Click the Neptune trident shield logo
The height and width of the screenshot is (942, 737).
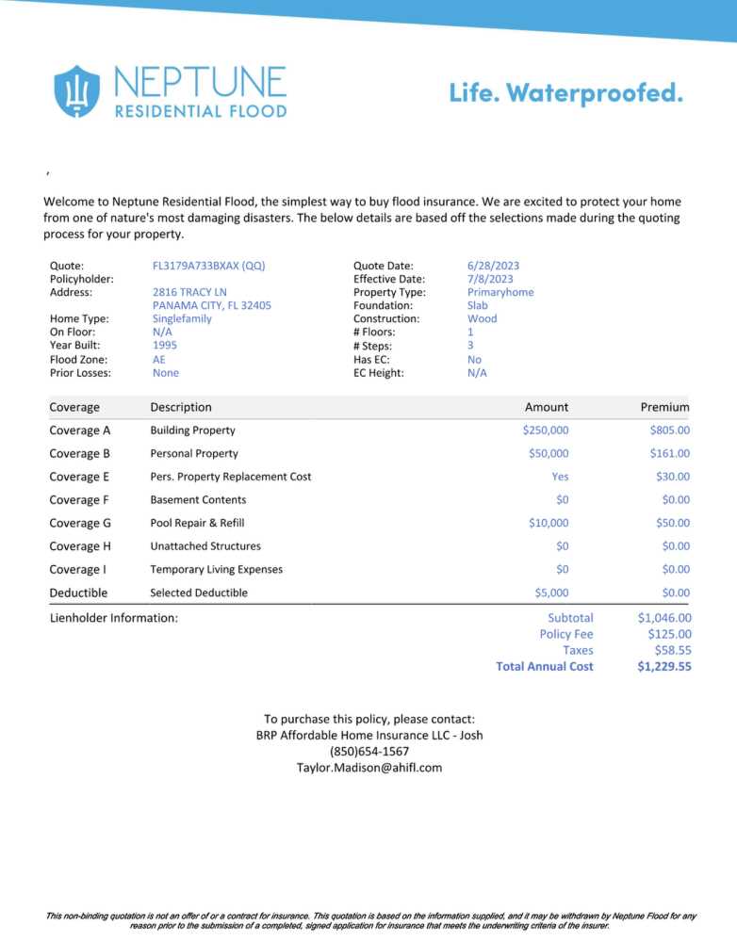pyautogui.click(x=77, y=90)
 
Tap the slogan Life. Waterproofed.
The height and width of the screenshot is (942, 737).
pyautogui.click(x=565, y=92)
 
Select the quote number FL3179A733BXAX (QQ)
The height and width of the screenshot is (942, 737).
pyautogui.click(x=208, y=266)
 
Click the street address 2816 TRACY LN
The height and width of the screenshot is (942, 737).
pyautogui.click(x=189, y=292)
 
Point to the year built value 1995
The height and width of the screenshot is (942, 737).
pyautogui.click(x=164, y=345)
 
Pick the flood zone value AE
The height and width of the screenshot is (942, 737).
pyautogui.click(x=159, y=359)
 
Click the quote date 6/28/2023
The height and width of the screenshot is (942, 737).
pyautogui.click(x=493, y=266)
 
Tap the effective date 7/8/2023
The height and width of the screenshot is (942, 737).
pyautogui.click(x=490, y=279)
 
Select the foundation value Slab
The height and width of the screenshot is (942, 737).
pyautogui.click(x=478, y=305)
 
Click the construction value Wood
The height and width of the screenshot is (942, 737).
pyautogui.click(x=482, y=318)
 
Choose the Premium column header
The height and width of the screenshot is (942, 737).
pyautogui.click(x=664, y=407)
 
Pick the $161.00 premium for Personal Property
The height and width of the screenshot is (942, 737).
pyautogui.click(x=669, y=453)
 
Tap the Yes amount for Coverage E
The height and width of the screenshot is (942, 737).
pyautogui.click(x=560, y=477)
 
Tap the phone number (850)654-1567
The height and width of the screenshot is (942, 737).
pyautogui.click(x=369, y=751)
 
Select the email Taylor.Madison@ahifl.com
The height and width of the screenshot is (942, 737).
pyautogui.click(x=369, y=767)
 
